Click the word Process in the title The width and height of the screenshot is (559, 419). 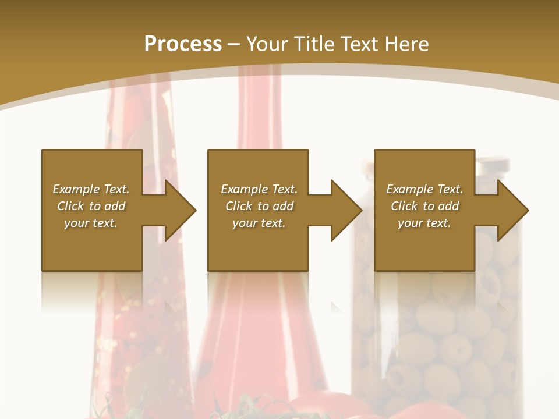[x=183, y=44]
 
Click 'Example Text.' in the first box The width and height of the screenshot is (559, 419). [x=91, y=189]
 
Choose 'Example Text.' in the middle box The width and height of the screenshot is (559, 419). [x=259, y=189]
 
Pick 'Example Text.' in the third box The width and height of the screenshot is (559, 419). [x=424, y=189]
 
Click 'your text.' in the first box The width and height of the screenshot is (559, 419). [x=91, y=223]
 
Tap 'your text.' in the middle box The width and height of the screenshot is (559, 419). [x=259, y=223]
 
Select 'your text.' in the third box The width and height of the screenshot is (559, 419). [x=424, y=223]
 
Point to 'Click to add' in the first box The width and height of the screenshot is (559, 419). [x=91, y=206]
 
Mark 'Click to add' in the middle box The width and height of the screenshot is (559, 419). [x=259, y=206]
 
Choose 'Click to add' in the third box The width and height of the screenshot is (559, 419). [x=424, y=206]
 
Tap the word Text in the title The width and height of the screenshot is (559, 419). [x=358, y=44]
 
